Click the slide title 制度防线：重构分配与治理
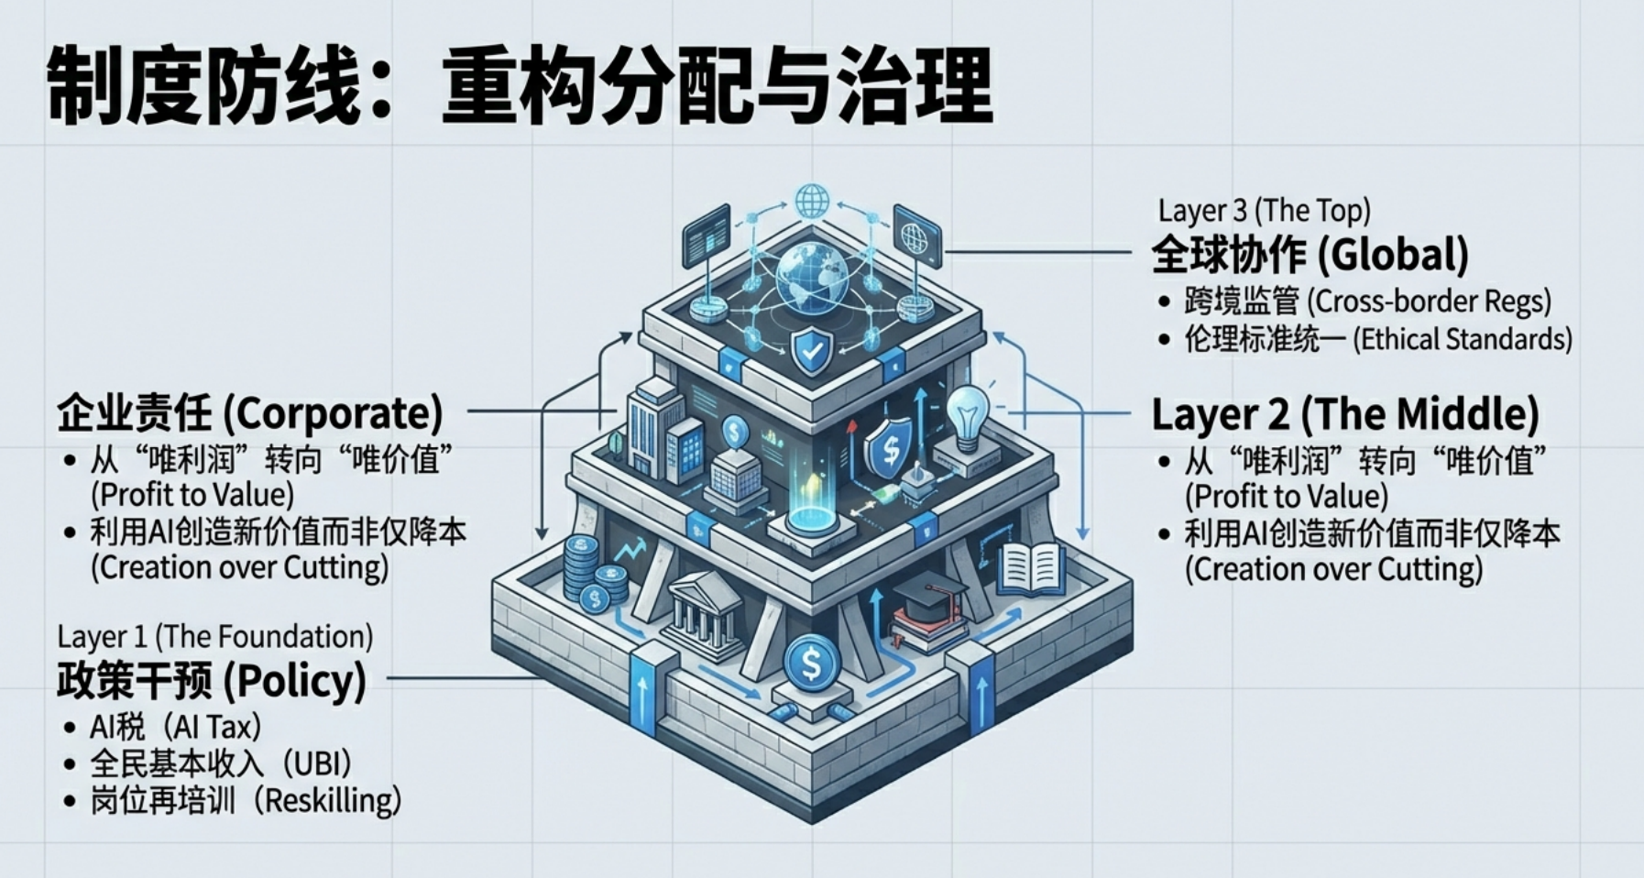coord(519,87)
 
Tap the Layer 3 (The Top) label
coord(1264,210)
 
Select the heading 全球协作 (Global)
coord(1310,254)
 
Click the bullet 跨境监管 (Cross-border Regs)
coord(1366,301)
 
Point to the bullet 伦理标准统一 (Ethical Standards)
coord(1377,339)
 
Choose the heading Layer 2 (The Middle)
coord(1344,414)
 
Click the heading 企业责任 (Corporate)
coord(250,412)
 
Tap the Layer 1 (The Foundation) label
coord(214,636)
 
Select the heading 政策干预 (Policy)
coord(212,680)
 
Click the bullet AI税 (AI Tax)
coord(175,727)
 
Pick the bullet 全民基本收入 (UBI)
coord(221,763)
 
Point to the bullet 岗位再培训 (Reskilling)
coord(246,800)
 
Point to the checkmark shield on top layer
coord(811,351)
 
